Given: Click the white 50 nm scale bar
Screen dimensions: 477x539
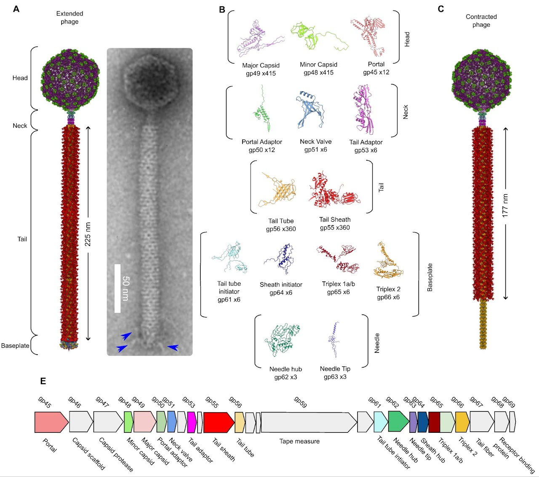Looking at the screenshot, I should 117,289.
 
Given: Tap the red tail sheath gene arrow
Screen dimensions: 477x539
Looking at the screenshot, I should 218,422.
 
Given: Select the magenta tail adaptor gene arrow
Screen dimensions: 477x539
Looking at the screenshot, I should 192,422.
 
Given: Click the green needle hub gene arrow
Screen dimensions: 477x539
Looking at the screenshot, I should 398,422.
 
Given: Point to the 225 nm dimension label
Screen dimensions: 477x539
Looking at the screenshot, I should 88,234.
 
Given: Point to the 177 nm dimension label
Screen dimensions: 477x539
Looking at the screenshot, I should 505,206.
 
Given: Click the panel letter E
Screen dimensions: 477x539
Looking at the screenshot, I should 43,381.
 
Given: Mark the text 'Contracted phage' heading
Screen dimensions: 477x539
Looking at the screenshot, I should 481,21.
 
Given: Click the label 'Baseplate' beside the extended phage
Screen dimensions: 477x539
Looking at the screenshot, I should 15,346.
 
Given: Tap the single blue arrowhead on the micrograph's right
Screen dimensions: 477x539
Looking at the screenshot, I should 173,347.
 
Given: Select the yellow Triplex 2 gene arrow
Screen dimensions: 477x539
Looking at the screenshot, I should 462,422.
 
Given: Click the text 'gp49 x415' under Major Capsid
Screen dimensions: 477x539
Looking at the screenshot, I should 261,73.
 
